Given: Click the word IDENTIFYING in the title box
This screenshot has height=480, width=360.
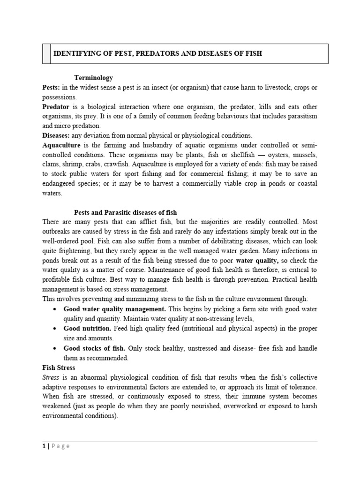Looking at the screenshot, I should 76,54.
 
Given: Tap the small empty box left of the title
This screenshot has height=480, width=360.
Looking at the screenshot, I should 46,54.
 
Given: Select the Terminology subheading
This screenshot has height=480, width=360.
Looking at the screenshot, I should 94,78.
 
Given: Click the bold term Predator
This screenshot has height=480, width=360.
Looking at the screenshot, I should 56,107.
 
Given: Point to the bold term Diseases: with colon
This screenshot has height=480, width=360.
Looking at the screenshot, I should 56,135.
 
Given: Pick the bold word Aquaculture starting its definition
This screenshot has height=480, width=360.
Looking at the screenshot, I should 61,145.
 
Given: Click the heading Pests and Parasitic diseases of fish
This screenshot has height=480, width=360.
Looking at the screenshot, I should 126,213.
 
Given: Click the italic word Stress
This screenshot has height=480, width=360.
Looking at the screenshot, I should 51,377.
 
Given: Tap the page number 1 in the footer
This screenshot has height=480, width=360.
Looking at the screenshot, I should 43,446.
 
